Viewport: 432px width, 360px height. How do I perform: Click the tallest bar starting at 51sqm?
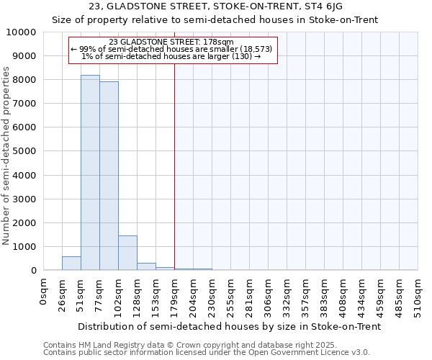(90, 173)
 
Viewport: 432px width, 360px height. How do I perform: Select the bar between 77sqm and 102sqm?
(109, 176)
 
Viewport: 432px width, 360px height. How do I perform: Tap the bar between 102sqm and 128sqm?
(127, 253)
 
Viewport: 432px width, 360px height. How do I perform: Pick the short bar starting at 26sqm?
(71, 264)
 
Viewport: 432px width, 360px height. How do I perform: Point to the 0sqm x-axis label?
(44, 291)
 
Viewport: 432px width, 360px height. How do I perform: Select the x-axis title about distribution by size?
(229, 326)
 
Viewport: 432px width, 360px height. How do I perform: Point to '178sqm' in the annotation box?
(216, 42)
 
